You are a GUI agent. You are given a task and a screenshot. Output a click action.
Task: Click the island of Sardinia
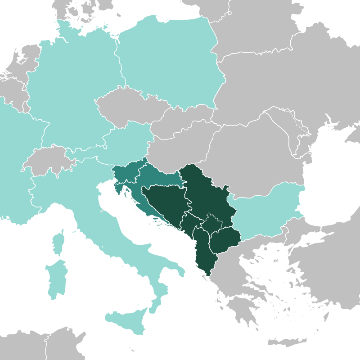56,279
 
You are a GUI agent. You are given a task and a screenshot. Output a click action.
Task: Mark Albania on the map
202,252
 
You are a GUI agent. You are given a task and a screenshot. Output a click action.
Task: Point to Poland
171,58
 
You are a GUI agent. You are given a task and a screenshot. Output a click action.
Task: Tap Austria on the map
130,139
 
